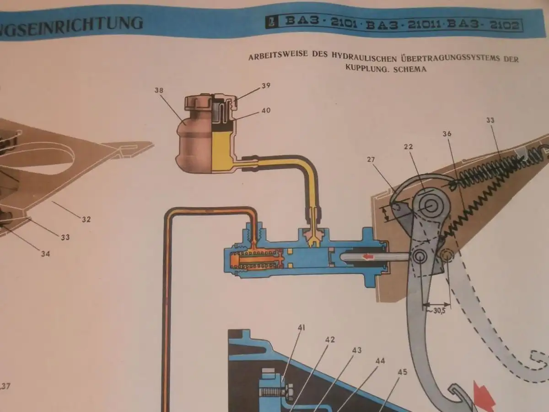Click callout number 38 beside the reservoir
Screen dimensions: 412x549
click(159, 90)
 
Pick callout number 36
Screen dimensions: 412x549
click(447, 134)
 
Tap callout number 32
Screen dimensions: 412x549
click(86, 219)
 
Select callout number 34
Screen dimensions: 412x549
click(45, 254)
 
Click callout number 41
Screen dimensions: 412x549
click(301, 327)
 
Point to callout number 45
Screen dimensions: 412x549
click(402, 372)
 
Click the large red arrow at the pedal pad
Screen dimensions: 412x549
click(485, 396)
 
